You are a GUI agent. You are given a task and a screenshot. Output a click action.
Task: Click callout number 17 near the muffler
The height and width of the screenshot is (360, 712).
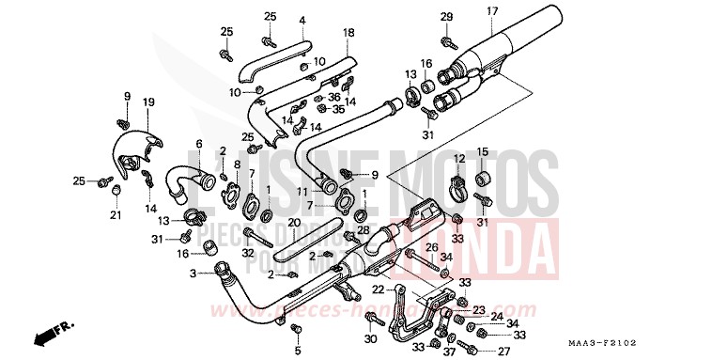point(491,11)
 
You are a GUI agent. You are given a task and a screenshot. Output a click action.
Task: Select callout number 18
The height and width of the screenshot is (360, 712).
point(348,33)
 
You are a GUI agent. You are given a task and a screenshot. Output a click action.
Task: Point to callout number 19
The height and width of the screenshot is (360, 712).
point(148,102)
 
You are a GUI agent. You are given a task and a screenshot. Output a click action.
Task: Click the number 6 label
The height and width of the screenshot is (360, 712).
point(198,144)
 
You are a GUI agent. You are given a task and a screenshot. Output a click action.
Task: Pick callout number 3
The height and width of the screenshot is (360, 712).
point(193,274)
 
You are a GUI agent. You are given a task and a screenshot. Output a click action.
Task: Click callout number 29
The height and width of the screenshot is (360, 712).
point(447,17)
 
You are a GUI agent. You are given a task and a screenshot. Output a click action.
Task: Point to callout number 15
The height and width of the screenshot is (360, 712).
point(483,151)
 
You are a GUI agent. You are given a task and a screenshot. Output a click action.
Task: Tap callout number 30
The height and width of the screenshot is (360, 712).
point(370,338)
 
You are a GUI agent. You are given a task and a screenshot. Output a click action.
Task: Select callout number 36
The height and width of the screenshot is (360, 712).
point(333,97)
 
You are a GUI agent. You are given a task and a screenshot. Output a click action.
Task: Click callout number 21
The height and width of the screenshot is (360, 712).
point(115,215)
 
